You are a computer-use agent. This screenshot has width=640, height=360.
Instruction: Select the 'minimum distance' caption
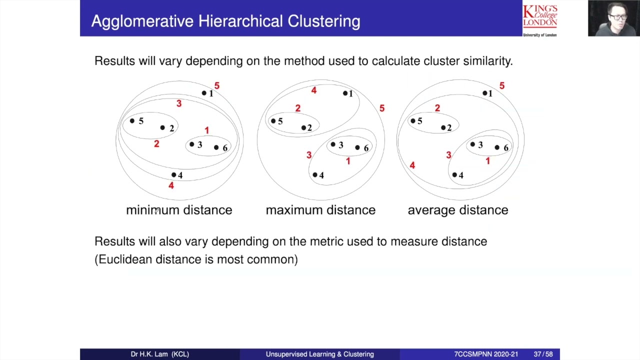(179, 210)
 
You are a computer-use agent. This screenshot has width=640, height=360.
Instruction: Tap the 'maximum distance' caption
(320, 210)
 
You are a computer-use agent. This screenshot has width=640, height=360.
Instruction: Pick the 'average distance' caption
(458, 210)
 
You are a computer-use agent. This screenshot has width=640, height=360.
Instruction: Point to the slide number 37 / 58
(543, 354)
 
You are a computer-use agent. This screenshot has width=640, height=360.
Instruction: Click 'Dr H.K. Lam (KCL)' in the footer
(160, 354)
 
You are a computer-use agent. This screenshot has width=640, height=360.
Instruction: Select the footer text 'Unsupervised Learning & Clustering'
(320, 354)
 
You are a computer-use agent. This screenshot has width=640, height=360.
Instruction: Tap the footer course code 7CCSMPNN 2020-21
(486, 354)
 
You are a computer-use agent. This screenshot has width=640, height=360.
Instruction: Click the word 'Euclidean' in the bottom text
(125, 259)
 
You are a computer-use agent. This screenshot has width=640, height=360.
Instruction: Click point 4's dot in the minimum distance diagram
(173, 174)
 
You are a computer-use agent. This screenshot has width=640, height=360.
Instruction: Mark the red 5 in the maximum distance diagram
(382, 108)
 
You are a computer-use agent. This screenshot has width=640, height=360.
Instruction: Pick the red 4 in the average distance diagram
(412, 165)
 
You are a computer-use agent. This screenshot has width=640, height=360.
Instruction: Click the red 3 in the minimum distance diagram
(178, 103)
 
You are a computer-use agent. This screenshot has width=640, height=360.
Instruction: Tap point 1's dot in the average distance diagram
(484, 93)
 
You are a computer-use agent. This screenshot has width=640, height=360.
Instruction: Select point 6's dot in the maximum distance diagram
(357, 147)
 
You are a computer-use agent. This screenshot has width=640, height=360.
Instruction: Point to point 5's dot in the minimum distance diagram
(132, 120)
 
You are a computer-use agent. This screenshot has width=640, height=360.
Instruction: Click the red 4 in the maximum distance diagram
(313, 90)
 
